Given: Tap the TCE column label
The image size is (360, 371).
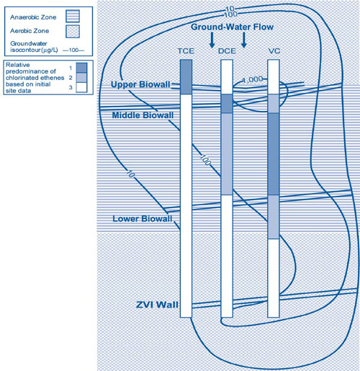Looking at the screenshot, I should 186,51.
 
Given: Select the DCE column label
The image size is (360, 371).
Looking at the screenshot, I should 227,51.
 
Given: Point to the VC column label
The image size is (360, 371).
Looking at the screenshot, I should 274,51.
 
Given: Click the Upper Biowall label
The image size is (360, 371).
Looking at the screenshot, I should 140,85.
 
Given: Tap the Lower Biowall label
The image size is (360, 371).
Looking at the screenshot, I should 141,218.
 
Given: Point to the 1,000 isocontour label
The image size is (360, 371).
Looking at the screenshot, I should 253,80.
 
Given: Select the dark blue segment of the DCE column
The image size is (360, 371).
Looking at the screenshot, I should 227,104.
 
